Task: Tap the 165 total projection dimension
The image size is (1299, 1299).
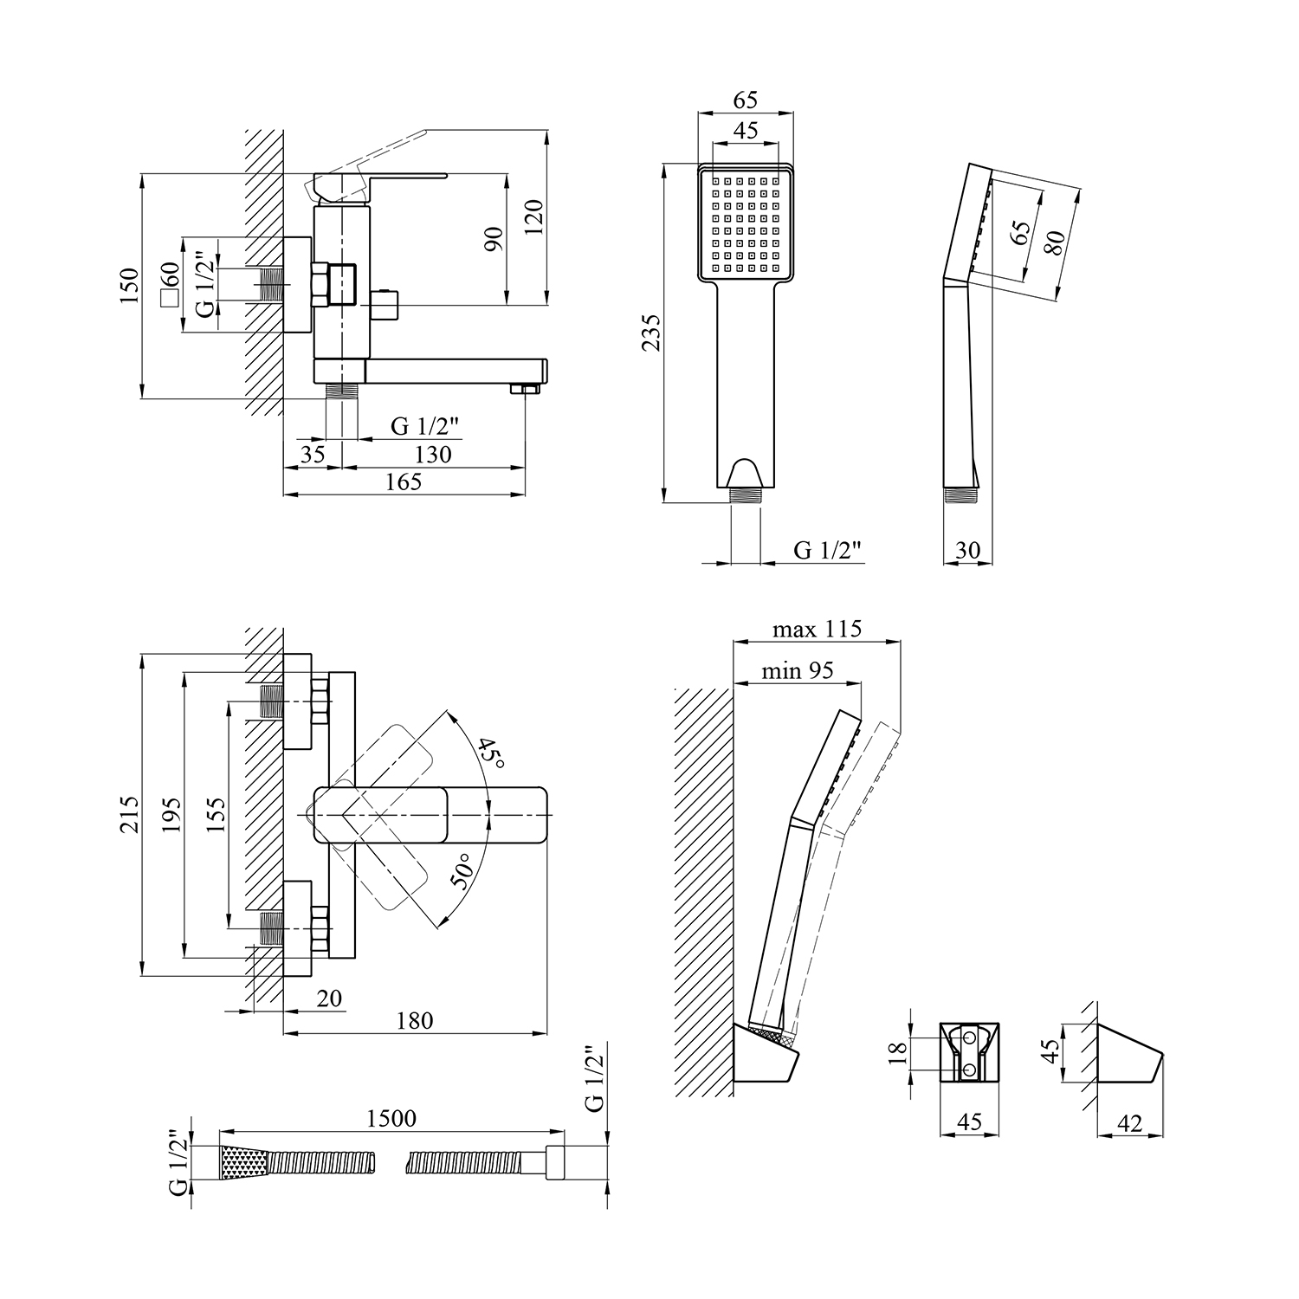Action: [404, 482]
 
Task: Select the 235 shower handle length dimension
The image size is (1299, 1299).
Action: [651, 332]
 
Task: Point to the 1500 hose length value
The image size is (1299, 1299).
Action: [391, 1118]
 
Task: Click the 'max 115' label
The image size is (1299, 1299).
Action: [817, 629]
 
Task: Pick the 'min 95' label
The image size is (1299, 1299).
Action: [798, 670]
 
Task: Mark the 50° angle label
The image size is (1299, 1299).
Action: [462, 871]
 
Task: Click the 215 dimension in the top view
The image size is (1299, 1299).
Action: [129, 814]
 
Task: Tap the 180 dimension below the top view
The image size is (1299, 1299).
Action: [415, 1020]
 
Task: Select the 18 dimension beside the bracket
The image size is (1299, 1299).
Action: [898, 1051]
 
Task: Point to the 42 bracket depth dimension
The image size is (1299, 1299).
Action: [1130, 1123]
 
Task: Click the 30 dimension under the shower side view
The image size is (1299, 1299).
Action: [967, 551]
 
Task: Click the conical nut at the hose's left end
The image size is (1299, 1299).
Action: [244, 1162]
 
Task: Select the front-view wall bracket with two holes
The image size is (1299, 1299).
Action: [970, 1051]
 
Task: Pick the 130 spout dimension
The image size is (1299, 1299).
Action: [433, 454]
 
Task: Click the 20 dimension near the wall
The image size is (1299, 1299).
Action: [329, 998]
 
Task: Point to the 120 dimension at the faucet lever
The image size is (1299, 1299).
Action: [533, 216]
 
